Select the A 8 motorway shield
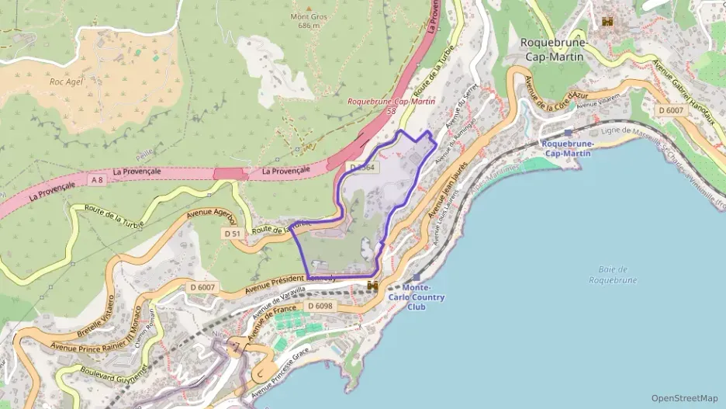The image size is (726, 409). (96, 179)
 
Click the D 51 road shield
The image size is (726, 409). (232, 233)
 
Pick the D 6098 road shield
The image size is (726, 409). (320, 307)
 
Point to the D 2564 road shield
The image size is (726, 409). (362, 167)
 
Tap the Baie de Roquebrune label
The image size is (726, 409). (612, 275)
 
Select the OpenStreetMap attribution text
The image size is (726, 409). (684, 398)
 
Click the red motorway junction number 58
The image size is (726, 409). (391, 111)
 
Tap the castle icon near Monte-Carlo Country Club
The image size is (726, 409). (373, 286)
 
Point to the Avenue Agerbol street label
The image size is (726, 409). (210, 216)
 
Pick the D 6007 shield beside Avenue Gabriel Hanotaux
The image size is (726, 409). (671, 111)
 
